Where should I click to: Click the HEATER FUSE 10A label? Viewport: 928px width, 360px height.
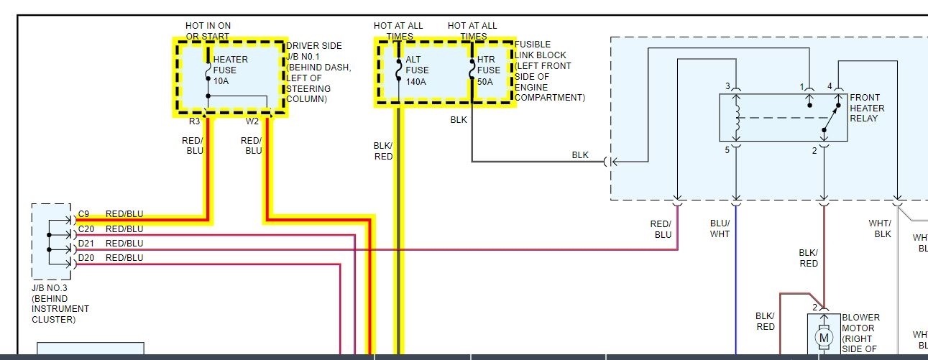point(230,70)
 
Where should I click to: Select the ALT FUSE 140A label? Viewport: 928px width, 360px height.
point(417,70)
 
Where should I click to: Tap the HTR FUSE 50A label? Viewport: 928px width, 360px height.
point(489,70)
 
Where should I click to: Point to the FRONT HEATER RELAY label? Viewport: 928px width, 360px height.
point(867,108)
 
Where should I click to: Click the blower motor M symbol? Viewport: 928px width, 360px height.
point(824,337)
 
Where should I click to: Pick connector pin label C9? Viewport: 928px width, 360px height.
point(84,214)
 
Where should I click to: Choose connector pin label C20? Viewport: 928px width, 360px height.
point(86,229)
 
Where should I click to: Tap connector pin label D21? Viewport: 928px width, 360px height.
point(86,244)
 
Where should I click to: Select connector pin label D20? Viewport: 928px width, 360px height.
point(86,258)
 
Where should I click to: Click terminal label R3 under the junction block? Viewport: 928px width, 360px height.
point(195,121)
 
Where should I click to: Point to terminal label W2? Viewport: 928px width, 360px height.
point(252,121)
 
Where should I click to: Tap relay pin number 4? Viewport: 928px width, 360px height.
point(830,86)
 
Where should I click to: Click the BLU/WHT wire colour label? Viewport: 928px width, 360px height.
point(720,229)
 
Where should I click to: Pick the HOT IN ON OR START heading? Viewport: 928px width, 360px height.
point(208,31)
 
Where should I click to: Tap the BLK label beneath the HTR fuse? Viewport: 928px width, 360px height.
point(459,120)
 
